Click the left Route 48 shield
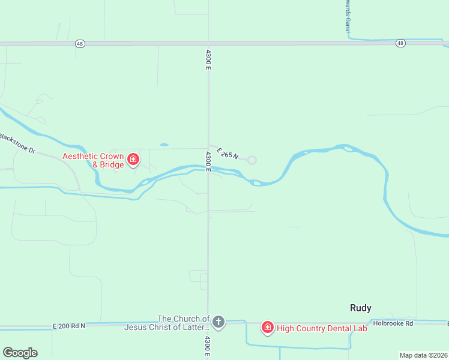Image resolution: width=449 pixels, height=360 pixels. coord(80,43)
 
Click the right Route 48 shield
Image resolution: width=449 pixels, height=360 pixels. coord(400,43)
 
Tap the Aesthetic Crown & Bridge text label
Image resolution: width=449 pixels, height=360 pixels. coord(94,160)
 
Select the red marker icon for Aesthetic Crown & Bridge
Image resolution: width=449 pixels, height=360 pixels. coord(133,160)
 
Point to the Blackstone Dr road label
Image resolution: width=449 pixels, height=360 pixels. coord(18,142)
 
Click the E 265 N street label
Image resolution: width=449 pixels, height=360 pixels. coord(228,154)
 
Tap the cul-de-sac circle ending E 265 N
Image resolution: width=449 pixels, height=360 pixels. coord(252,160)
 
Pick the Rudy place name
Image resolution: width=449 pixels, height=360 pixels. coord(360,308)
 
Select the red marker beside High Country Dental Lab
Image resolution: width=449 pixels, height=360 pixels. coord(267,327)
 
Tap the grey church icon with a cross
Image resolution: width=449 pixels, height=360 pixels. coord(218,323)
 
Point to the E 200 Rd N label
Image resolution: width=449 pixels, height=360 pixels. coord(69,326)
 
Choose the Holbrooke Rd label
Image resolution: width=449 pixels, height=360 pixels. coord(393,323)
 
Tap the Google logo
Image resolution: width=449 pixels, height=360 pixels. coord(20,353)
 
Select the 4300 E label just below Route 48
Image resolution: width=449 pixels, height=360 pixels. coord(208,59)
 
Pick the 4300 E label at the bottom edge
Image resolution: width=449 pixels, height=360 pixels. coord(208,347)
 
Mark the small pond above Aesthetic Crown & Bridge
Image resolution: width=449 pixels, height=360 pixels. coord(164,145)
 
